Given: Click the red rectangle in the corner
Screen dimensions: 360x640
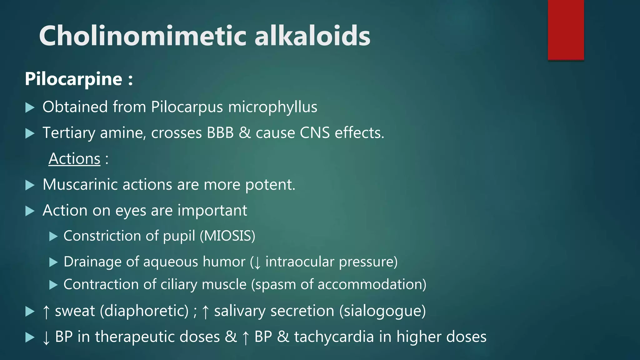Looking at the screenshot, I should tap(566, 30).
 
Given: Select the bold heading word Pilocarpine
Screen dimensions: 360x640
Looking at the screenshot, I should tap(73, 79).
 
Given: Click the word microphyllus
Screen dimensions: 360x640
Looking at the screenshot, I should tap(272, 107).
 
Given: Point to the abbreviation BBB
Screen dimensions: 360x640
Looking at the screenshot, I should tap(220, 133).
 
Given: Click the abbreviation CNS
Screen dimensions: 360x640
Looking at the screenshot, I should tap(314, 133).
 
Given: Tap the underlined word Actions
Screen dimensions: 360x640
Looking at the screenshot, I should tap(74, 159).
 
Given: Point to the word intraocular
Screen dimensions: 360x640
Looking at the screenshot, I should tap(299, 262).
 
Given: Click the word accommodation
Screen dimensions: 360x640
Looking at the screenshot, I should tap(370, 285).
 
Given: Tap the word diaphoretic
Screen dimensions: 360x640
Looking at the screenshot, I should tap(145, 311).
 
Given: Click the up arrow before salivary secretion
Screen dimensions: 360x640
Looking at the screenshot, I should tap(205, 312).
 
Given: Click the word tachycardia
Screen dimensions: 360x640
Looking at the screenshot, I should tap(334, 337).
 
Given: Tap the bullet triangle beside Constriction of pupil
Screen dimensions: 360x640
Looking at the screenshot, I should tap(53, 236).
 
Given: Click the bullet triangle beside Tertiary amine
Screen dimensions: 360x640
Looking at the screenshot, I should tap(30, 134).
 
